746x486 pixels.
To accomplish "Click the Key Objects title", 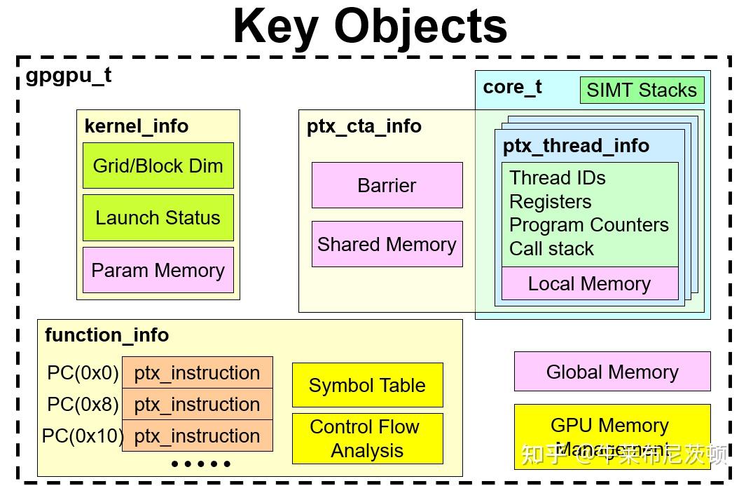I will coord(370,26).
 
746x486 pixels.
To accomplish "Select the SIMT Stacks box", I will coord(642,90).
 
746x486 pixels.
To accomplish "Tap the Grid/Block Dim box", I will coord(158,166).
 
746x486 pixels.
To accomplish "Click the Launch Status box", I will coord(158,218).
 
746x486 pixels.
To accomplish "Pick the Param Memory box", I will coord(158,270).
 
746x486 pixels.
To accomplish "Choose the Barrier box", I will coord(387,185).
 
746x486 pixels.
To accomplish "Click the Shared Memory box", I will coord(387,244).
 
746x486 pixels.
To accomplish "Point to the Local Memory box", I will coord(589,283).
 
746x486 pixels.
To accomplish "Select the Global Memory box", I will coord(612,372).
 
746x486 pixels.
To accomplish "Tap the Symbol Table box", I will coord(367,385).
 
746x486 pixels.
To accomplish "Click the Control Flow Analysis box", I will coord(367,438).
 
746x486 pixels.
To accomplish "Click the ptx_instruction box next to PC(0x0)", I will coord(197,372).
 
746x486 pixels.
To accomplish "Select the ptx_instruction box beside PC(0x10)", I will coord(197,436).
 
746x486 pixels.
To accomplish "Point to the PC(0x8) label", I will coord(83,405).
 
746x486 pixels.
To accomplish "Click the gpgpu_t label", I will coord(69,75).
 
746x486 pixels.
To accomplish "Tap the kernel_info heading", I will coord(136,126).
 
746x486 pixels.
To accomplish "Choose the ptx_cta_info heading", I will coord(364,126).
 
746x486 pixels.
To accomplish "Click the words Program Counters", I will coord(588,225).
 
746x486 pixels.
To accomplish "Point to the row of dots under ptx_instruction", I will coord(201,464).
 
